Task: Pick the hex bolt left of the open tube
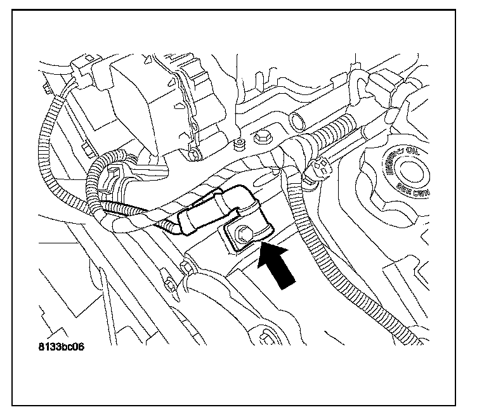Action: pyautogui.click(x=261, y=137)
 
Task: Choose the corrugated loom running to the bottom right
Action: pyautogui.click(x=355, y=279)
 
